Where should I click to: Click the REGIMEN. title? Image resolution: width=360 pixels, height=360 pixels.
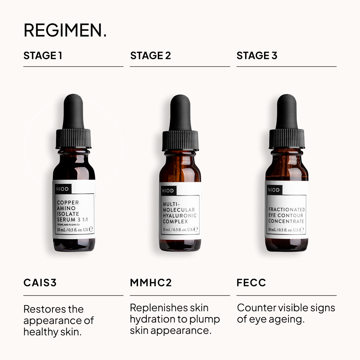(x=65, y=30)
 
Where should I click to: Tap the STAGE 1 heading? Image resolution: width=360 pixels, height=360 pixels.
(x=43, y=56)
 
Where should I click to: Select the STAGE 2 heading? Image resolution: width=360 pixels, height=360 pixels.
(x=150, y=56)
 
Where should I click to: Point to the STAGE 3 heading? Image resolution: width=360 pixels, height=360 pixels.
(x=257, y=56)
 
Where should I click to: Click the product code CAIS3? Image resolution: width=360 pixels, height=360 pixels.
(x=40, y=283)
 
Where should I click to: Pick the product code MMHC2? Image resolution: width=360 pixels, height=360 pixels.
(x=151, y=283)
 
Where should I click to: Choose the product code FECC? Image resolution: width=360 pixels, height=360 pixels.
(x=251, y=283)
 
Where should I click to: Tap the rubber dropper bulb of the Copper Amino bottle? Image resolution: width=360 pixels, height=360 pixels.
(x=73, y=112)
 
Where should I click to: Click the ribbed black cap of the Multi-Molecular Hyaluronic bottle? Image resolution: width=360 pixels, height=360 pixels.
(x=180, y=141)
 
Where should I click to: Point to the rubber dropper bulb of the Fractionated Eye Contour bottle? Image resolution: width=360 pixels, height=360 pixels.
(x=286, y=112)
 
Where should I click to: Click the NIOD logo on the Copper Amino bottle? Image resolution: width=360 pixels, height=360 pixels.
(x=62, y=189)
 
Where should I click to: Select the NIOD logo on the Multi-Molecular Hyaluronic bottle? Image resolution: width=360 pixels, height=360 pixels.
(x=168, y=191)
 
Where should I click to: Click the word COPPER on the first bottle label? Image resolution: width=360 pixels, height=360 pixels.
(x=68, y=203)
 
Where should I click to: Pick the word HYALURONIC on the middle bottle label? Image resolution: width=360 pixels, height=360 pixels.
(x=179, y=216)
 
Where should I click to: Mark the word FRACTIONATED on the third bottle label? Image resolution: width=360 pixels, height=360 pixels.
(x=287, y=210)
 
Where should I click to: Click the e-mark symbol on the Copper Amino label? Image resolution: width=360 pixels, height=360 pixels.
(x=91, y=229)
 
